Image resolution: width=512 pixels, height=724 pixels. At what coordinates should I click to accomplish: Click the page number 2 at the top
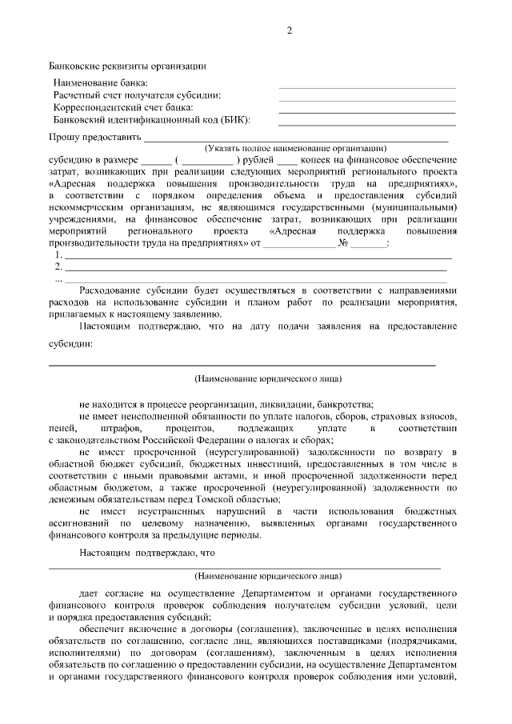[290, 31]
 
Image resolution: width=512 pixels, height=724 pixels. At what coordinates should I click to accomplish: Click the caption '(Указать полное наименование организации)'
[295, 148]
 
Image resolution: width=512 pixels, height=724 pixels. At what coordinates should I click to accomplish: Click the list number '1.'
[58, 255]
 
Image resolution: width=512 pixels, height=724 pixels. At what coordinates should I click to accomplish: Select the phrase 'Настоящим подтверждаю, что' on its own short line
[148, 553]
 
